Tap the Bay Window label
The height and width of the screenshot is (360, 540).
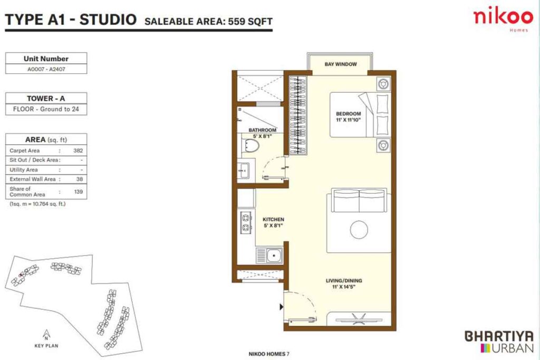point(341,64)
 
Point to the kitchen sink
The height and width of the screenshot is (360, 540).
point(272,257)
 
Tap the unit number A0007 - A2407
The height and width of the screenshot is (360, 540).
point(46,69)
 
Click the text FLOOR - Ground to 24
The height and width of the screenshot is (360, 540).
point(46,110)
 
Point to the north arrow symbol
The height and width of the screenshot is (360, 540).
point(46,334)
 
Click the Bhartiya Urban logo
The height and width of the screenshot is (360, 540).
point(499,342)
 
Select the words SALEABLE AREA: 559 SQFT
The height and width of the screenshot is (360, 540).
point(208,22)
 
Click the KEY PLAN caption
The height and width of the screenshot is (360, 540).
point(46,346)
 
